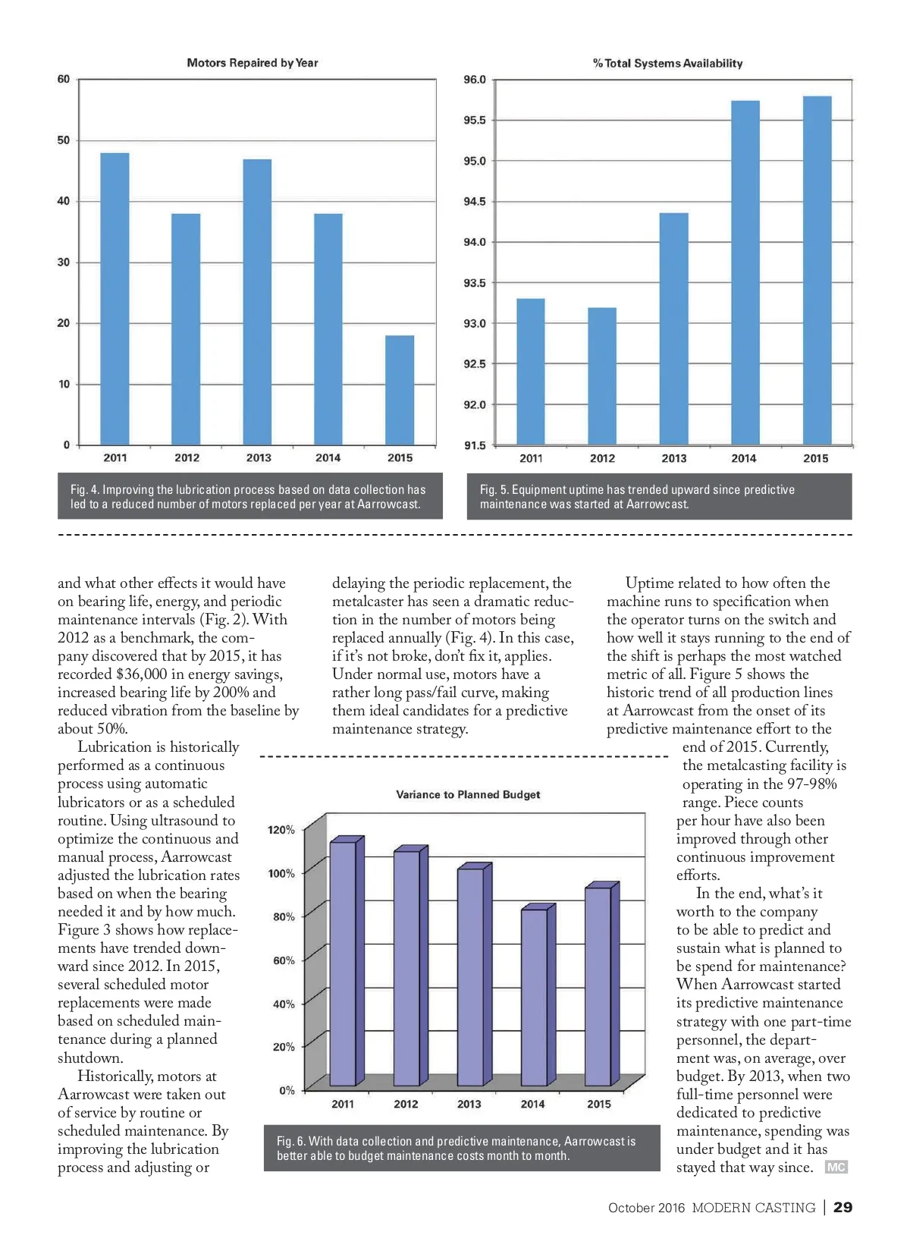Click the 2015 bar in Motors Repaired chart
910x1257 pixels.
[400, 390]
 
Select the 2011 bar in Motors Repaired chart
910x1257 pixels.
[115, 299]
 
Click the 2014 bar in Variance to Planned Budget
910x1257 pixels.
[533, 997]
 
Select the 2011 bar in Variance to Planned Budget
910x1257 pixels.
[344, 963]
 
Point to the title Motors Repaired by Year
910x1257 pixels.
[253, 63]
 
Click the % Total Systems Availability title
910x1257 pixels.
[668, 64]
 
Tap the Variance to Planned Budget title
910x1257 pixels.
[468, 794]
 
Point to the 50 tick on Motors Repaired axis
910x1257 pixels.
[64, 140]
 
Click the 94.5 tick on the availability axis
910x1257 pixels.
[475, 202]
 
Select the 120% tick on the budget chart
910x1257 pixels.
[281, 830]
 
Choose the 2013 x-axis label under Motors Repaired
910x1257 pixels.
[259, 457]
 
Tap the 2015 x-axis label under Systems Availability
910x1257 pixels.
[815, 458]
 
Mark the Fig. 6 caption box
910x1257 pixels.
[462, 1149]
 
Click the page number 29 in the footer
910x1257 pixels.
[843, 1208]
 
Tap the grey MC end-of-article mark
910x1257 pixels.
[836, 1167]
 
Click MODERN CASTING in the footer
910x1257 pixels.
[753, 1208]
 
